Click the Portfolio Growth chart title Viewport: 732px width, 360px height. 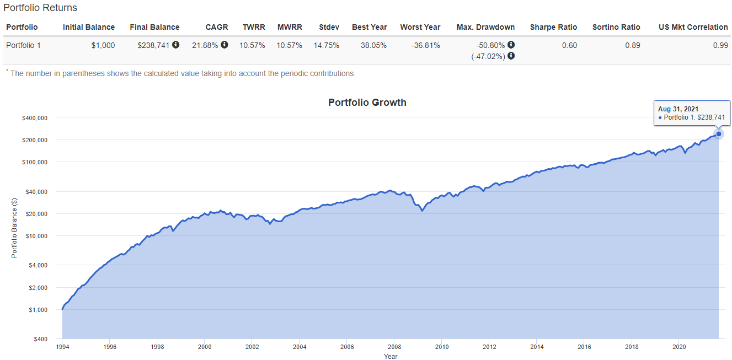(x=367, y=103)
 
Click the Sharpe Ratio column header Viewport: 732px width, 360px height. (x=553, y=27)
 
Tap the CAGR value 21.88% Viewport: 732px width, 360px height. (x=205, y=45)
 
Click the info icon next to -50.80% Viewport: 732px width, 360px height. (x=511, y=45)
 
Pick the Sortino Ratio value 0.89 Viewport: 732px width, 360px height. (x=633, y=45)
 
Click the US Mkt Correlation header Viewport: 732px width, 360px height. (x=693, y=27)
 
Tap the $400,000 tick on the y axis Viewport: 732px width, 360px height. (x=35, y=118)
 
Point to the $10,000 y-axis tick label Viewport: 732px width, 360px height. (x=36, y=236)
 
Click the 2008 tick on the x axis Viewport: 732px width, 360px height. (x=394, y=347)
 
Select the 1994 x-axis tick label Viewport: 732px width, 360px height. (x=62, y=347)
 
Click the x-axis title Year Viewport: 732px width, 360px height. (x=391, y=356)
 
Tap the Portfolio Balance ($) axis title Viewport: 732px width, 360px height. (x=14, y=228)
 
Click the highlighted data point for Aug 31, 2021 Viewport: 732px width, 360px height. (x=719, y=134)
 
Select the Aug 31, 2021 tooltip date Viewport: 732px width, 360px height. (x=678, y=109)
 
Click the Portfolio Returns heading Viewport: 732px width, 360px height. (x=40, y=8)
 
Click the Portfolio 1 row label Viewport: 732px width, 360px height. (x=23, y=45)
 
